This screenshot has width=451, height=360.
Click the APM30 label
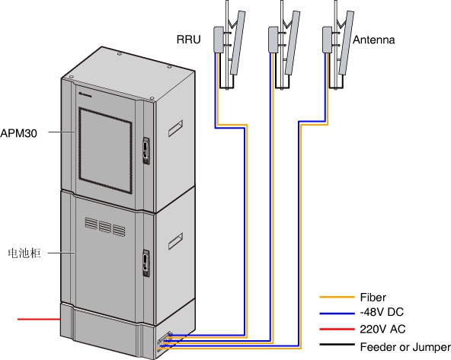(19, 133)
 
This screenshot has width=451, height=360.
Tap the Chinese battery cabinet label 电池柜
(24, 253)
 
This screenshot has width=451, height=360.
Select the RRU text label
(188, 40)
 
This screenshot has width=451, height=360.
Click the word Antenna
(373, 40)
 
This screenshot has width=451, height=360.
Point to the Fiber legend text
(373, 298)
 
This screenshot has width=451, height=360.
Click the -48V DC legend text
(382, 312)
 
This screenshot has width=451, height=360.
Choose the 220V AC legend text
(382, 329)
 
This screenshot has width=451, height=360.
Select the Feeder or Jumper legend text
(405, 347)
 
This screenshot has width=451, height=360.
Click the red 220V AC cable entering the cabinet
(39, 319)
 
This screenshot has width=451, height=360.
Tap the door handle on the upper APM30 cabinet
(146, 151)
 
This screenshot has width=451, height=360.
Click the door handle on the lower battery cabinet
(146, 263)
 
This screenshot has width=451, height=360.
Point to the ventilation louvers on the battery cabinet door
(105, 227)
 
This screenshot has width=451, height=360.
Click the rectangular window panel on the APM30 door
(105, 151)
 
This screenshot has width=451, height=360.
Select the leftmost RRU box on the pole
(219, 40)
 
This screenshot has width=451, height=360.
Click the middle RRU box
(273, 40)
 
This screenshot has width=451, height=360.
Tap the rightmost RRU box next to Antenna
(328, 40)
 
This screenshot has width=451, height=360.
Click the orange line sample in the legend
(337, 297)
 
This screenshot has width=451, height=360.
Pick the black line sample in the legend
(337, 344)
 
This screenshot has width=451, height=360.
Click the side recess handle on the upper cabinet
(175, 128)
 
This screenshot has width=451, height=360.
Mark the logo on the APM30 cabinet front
(85, 94)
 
